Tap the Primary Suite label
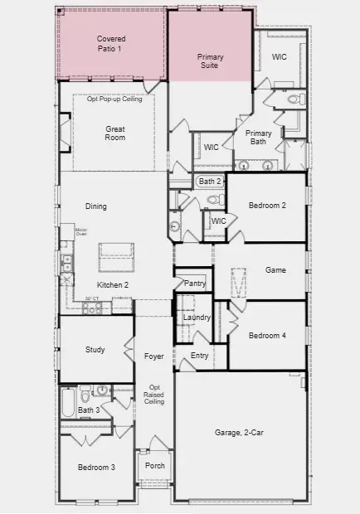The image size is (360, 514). (x=210, y=61)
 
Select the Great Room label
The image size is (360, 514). (x=114, y=133)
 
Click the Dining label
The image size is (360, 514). (x=96, y=206)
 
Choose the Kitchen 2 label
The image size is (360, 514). (x=113, y=285)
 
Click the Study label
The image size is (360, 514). (x=95, y=350)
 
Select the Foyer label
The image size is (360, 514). (x=154, y=356)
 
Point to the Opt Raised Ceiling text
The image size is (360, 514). (x=154, y=395)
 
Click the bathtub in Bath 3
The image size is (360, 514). (x=66, y=404)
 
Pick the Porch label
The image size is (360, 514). (x=154, y=466)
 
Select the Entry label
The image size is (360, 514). (x=199, y=356)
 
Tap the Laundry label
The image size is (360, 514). (x=197, y=318)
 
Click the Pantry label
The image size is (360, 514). (x=195, y=284)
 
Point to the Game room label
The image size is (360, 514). (x=275, y=270)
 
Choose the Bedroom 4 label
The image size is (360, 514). (x=267, y=335)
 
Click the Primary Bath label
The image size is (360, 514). (x=258, y=138)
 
